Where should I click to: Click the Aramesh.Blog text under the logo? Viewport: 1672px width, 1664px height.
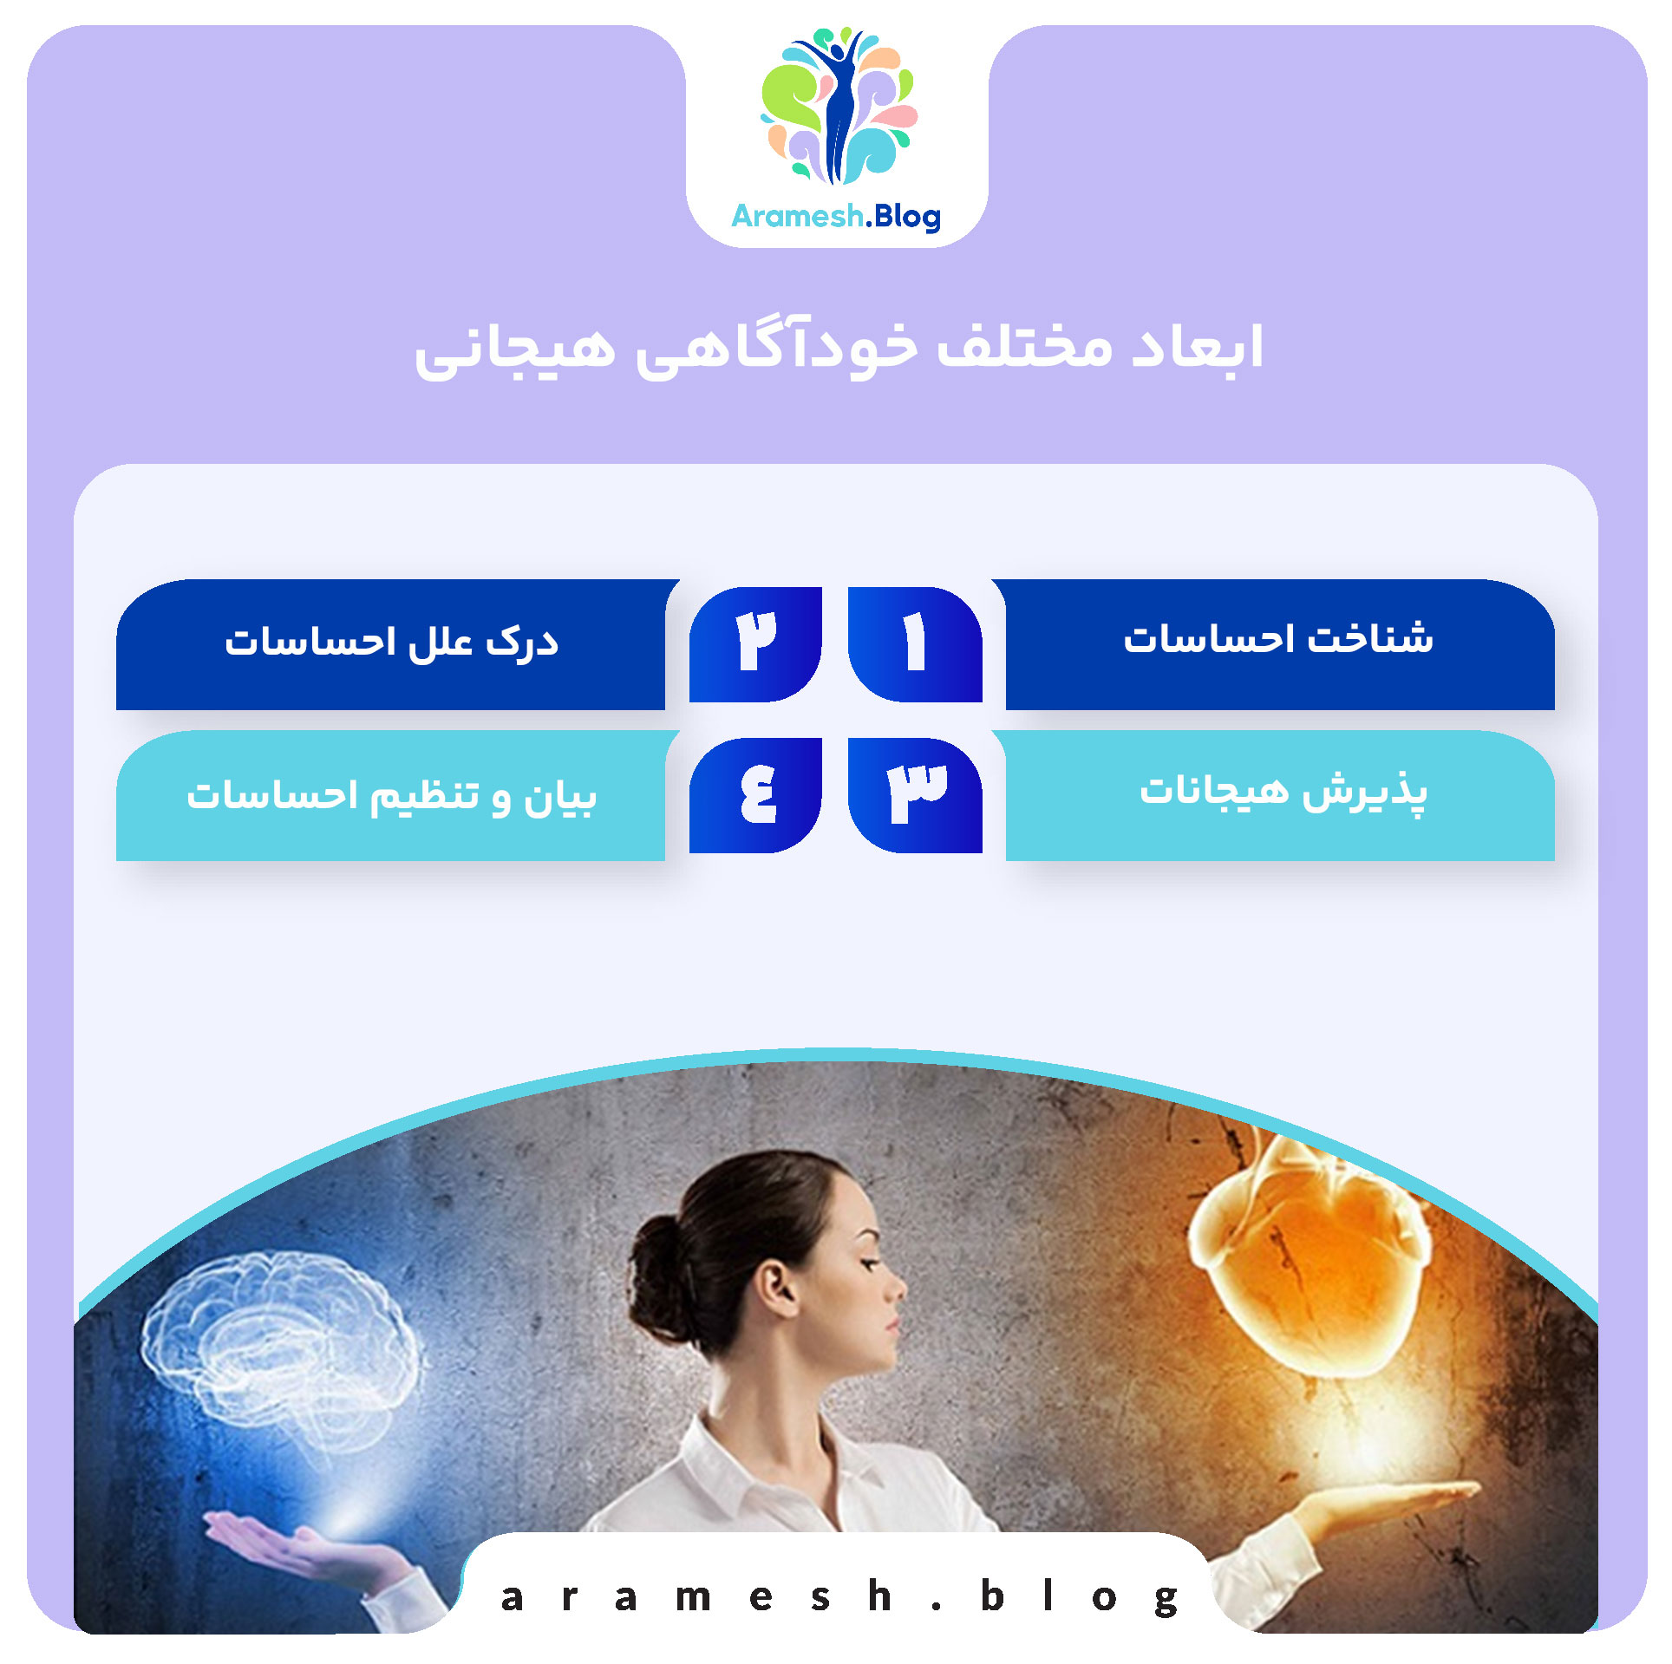click(836, 216)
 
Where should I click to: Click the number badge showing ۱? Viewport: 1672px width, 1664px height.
click(915, 643)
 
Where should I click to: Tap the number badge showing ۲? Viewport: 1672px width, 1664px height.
click(755, 643)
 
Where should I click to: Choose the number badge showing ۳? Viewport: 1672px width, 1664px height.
click(915, 794)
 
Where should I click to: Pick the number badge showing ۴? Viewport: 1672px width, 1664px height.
click(755, 794)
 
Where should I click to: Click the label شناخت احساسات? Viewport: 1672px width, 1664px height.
click(1278, 640)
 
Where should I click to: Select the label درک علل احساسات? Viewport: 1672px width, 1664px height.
click(391, 643)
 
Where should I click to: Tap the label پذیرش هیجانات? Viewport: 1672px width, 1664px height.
click(1283, 791)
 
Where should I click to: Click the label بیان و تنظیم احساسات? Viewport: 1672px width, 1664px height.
click(391, 795)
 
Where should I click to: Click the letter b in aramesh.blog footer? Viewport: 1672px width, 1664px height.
click(992, 1595)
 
